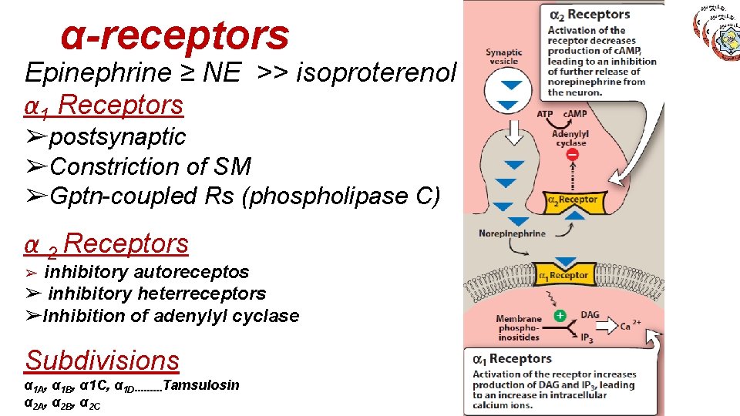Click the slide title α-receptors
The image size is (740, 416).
[x=175, y=35]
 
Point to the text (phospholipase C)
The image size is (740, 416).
[x=341, y=196]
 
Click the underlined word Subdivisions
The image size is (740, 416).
[x=102, y=360]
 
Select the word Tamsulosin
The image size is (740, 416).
[x=202, y=384]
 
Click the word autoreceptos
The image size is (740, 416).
[x=192, y=272]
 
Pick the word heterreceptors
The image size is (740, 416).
[x=201, y=294]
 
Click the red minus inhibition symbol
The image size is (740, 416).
[x=573, y=156]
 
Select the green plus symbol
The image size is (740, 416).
[x=560, y=316]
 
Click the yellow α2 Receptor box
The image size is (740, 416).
[x=572, y=200]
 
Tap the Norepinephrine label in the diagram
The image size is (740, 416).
[x=512, y=233]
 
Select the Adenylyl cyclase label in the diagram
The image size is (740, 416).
[x=570, y=138]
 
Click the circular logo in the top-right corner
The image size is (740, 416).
[x=718, y=29]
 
